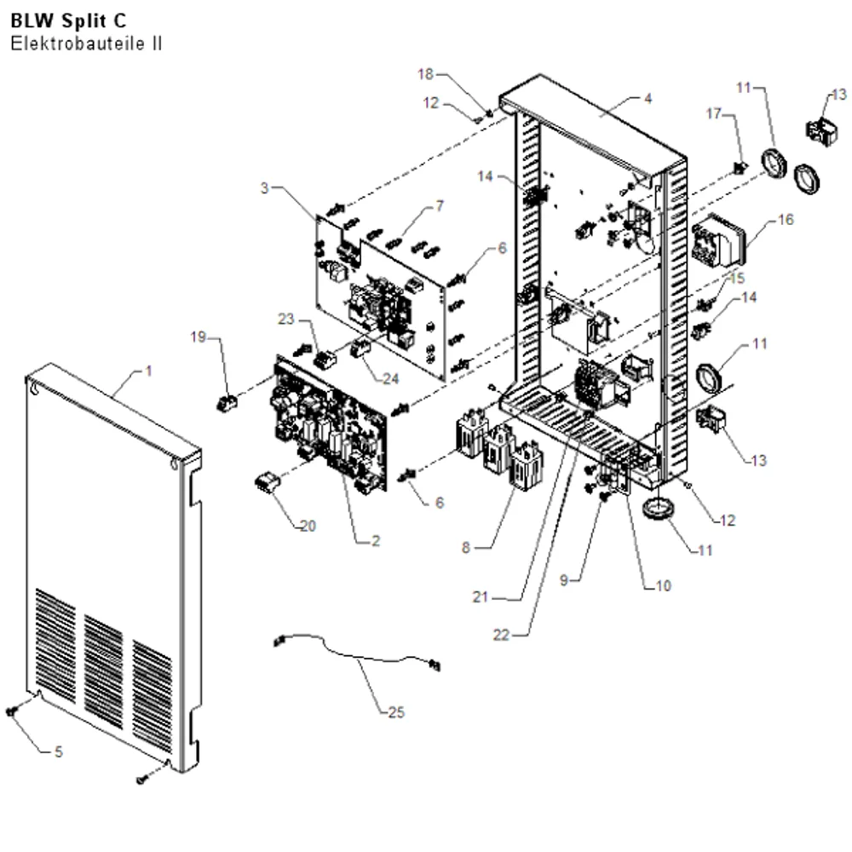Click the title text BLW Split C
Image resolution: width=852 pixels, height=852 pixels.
[68, 20]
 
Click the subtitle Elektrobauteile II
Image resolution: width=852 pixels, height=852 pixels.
[86, 43]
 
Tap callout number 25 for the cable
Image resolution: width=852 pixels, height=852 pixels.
[396, 711]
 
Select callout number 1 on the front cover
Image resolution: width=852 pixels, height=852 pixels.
[148, 371]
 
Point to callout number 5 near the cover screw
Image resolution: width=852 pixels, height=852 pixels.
[59, 751]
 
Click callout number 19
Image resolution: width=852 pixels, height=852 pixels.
[199, 337]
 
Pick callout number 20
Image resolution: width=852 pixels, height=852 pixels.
[308, 526]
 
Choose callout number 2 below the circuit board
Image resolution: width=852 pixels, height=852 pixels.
[376, 541]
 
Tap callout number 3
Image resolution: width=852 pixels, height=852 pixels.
[265, 188]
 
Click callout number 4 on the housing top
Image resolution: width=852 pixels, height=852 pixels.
[648, 98]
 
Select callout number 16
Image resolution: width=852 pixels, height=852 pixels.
[786, 220]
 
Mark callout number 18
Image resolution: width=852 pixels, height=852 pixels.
[425, 74]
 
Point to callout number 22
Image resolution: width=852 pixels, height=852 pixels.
[501, 635]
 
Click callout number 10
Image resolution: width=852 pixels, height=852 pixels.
[664, 586]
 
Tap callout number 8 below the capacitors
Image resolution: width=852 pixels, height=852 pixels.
[466, 548]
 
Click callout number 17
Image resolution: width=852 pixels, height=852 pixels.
[713, 113]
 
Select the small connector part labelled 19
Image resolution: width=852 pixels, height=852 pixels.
[227, 403]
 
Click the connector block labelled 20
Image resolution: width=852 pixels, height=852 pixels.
[268, 482]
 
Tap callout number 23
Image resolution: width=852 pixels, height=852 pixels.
[285, 319]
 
